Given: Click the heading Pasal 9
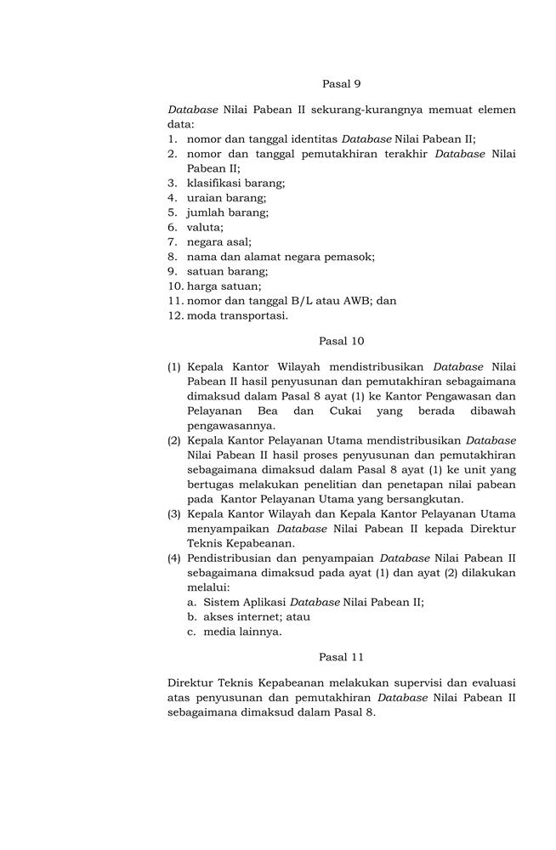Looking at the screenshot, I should tap(342, 83).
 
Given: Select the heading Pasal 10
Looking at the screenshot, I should tap(342, 341).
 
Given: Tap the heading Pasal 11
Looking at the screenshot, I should tap(342, 657).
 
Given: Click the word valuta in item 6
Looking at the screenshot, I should tap(205, 227).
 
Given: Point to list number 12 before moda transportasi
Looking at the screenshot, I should tap(175, 315).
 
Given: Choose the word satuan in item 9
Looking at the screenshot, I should tap(205, 271).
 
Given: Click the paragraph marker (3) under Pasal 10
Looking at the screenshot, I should tap(174, 513).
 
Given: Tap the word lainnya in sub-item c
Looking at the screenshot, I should tap(260, 632).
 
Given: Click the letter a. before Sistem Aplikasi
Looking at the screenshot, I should tap(193, 602).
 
